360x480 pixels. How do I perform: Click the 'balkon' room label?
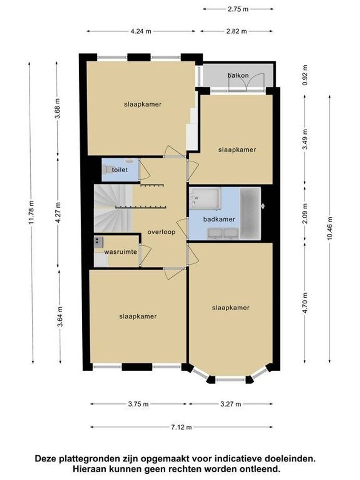pyautogui.click(x=238, y=75)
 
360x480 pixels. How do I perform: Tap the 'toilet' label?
pyautogui.click(x=120, y=170)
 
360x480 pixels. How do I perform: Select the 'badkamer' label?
pyautogui.click(x=219, y=219)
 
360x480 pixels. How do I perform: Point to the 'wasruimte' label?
pyautogui.click(x=120, y=252)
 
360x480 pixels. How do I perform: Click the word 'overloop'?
pyautogui.click(x=161, y=232)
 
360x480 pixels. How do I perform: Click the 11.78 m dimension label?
pyautogui.click(x=31, y=212)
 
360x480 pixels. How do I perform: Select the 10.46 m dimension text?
pyautogui.click(x=329, y=228)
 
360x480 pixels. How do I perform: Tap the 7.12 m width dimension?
pyautogui.click(x=181, y=427)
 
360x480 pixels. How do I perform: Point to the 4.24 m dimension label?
pyautogui.click(x=141, y=31)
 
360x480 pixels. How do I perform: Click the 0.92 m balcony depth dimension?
pyautogui.click(x=304, y=75)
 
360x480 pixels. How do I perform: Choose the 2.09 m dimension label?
pyautogui.click(x=304, y=213)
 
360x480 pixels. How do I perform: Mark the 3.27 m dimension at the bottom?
pyautogui.click(x=231, y=404)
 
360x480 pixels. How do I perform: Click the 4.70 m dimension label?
pyautogui.click(x=304, y=303)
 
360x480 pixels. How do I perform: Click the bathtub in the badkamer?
pyautogui.click(x=250, y=213)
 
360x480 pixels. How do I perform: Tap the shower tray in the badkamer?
pyautogui.click(x=205, y=199)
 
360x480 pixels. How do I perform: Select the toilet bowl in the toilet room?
pyautogui.click(x=108, y=169)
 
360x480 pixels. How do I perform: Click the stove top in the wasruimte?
pyautogui.click(x=98, y=242)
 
